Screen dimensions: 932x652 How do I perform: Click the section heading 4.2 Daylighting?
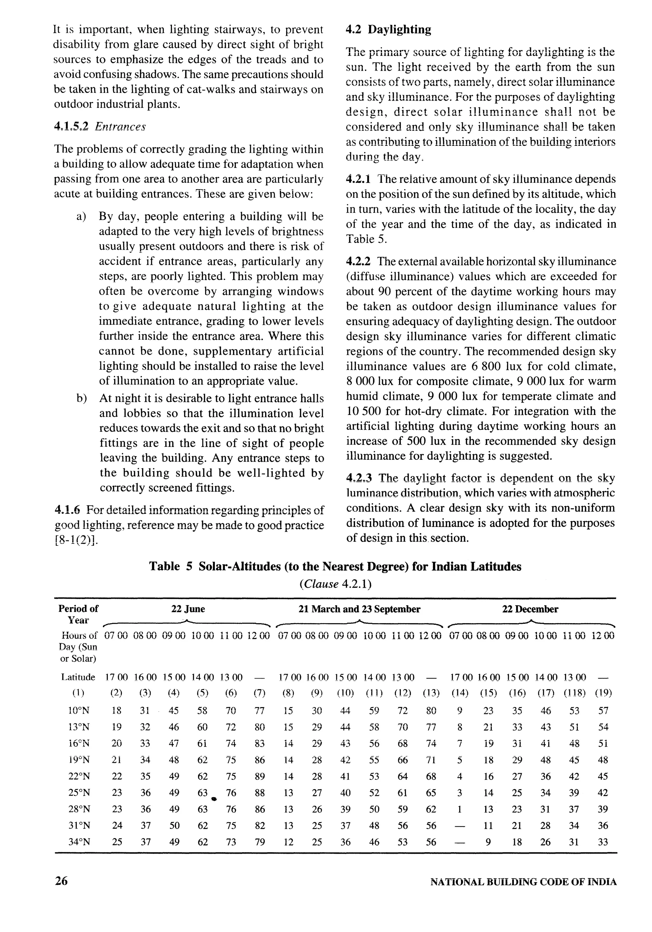(388, 30)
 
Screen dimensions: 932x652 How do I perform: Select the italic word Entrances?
(120, 127)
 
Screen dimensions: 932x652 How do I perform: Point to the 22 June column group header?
(188, 609)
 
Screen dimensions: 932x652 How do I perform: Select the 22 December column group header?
(530, 609)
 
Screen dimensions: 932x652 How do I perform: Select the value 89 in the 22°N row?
(259, 777)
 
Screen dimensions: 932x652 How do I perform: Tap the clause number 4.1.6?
(67, 509)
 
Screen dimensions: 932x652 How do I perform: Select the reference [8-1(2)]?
(76, 540)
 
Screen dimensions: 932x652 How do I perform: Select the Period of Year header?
(78, 614)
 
